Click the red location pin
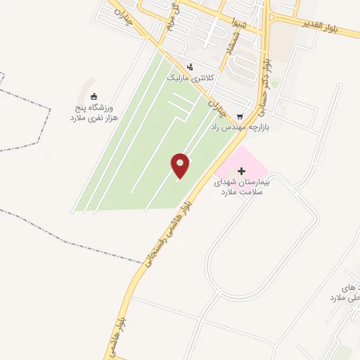click(x=181, y=165)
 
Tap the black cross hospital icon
click(x=242, y=171)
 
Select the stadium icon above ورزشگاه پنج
click(x=96, y=96)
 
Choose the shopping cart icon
click(x=240, y=117)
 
